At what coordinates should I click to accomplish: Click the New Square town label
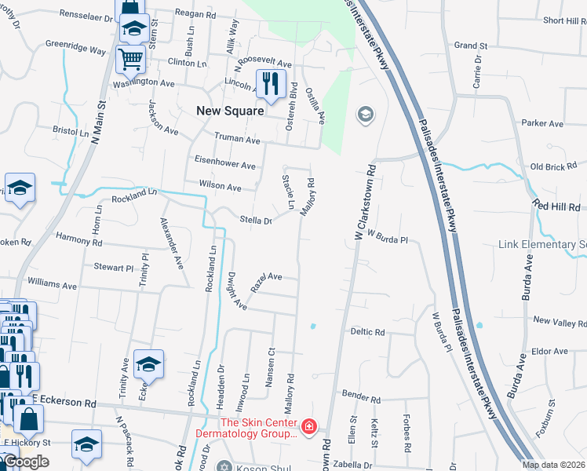click(x=230, y=111)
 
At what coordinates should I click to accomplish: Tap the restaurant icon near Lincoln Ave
click(x=270, y=83)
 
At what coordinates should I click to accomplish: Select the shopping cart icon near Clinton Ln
click(x=130, y=58)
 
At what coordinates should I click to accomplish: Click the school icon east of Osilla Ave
click(x=365, y=115)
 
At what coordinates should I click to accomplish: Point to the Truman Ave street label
click(x=237, y=140)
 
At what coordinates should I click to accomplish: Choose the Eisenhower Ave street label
click(x=226, y=166)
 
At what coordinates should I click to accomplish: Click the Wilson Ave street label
click(x=220, y=187)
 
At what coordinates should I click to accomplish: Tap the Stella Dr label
click(x=256, y=221)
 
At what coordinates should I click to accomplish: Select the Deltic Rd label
click(x=368, y=332)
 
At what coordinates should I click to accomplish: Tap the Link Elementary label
click(x=542, y=244)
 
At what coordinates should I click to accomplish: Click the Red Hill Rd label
click(x=556, y=204)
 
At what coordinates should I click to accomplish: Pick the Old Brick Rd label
click(x=553, y=166)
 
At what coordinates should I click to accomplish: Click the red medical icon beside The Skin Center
click(x=310, y=428)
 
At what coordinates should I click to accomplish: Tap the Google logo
click(x=26, y=461)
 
